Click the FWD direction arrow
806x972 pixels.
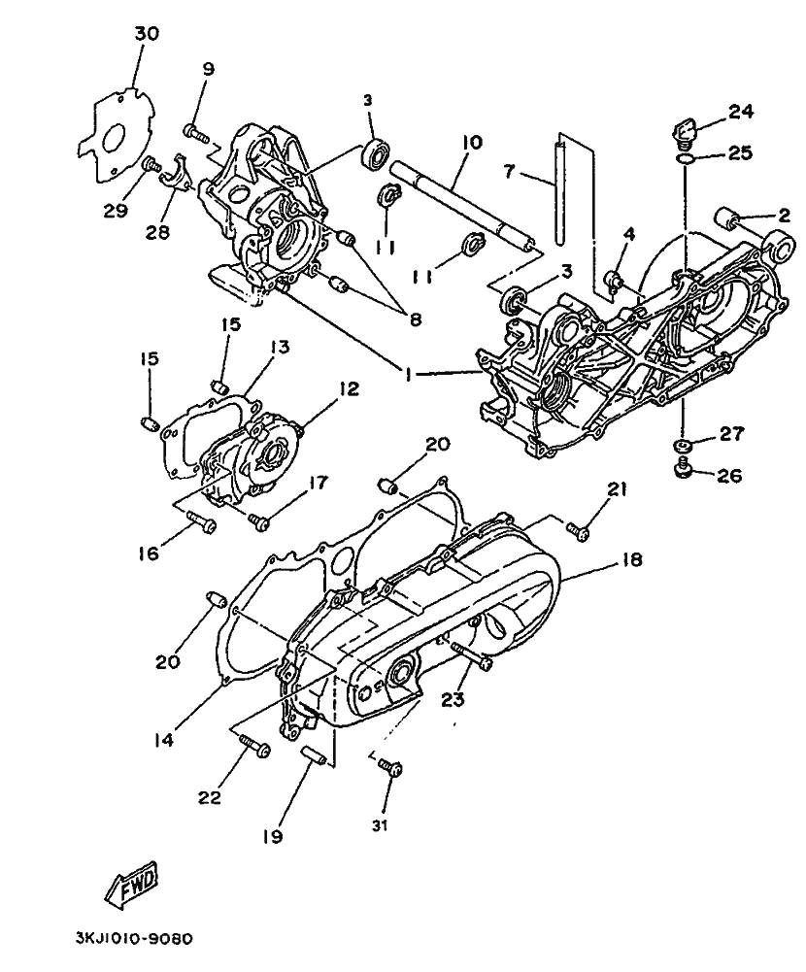pyautogui.click(x=132, y=883)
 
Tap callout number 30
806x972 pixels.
pyautogui.click(x=147, y=33)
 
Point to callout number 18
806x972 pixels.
pyautogui.click(x=632, y=560)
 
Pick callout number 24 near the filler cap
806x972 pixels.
pyautogui.click(x=741, y=112)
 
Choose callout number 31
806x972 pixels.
pyautogui.click(x=380, y=825)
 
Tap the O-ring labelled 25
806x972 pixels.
pyautogui.click(x=685, y=160)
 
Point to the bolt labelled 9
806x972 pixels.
pyautogui.click(x=196, y=133)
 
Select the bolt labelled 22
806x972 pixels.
pyautogui.click(x=254, y=746)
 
